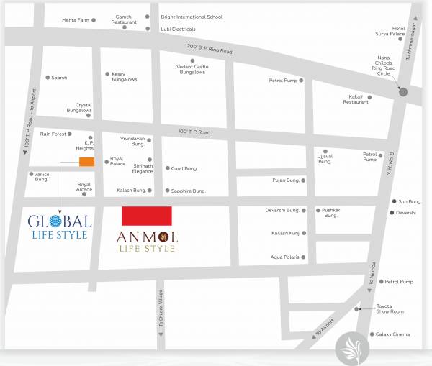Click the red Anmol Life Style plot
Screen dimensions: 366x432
(x=146, y=215)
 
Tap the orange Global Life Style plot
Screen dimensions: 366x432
(x=86, y=162)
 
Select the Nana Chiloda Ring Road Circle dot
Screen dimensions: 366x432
(x=403, y=91)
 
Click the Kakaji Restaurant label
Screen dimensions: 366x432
(x=355, y=99)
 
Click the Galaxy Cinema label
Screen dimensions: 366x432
(x=392, y=334)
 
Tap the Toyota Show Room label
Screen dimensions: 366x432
(x=390, y=309)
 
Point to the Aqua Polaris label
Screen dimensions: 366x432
(x=284, y=257)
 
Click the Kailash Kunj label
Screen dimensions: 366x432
(x=285, y=234)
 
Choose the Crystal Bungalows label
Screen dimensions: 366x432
(x=78, y=107)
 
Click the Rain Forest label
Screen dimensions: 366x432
(x=53, y=134)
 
